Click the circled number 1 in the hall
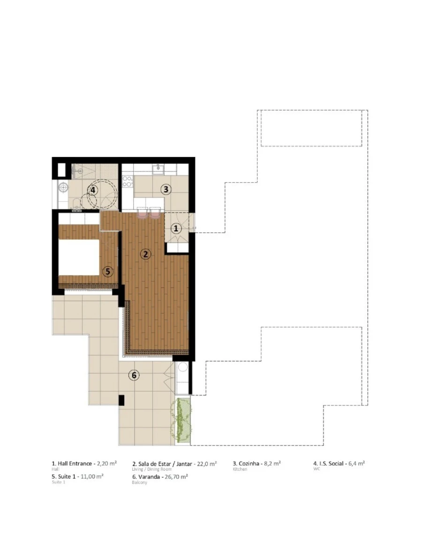click(x=175, y=229)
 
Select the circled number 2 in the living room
click(x=145, y=254)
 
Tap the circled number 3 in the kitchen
click(x=165, y=190)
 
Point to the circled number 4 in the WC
click(x=93, y=190)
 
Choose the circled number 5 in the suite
click(x=108, y=271)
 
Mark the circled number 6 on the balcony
click(x=134, y=375)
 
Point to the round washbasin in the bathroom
click(x=64, y=187)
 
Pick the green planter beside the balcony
click(x=183, y=420)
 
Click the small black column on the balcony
click(x=121, y=400)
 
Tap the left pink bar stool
click(x=142, y=214)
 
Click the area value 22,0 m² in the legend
click(x=204, y=463)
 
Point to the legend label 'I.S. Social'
click(x=331, y=463)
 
